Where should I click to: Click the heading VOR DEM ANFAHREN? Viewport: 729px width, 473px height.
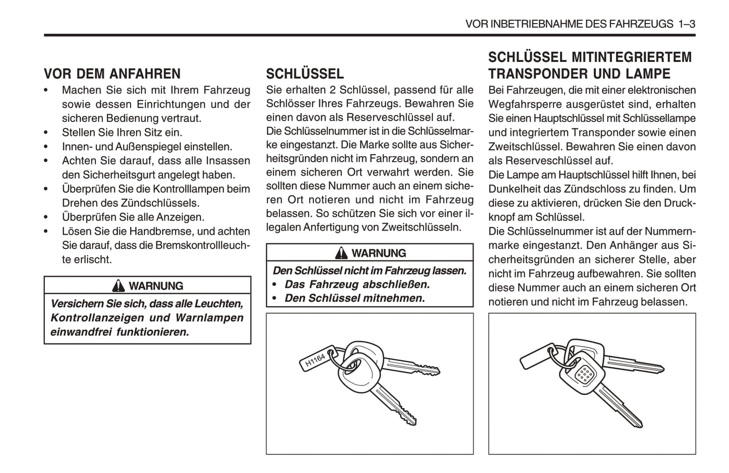tap(112, 74)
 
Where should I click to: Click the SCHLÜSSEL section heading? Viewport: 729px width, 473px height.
tap(305, 74)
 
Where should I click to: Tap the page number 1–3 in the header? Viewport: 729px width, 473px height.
tap(687, 24)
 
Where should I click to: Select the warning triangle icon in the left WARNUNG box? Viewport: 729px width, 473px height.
tap(119, 286)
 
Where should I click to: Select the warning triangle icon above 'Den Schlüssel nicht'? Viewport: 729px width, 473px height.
tap(342, 253)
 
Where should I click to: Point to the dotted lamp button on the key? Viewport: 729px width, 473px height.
tap(584, 373)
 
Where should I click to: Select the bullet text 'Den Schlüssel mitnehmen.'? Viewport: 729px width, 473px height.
tap(355, 298)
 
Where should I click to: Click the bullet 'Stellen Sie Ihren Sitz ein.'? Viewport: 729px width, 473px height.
tap(122, 133)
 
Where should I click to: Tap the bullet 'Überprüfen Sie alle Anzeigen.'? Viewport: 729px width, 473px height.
tap(133, 218)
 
